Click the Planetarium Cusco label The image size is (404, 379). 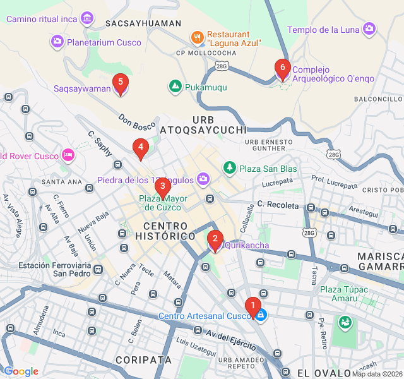coord(104,42)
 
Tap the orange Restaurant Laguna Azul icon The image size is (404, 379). coord(197,37)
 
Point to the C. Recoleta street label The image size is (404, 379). coord(277,205)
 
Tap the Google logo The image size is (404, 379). coord(21,371)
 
